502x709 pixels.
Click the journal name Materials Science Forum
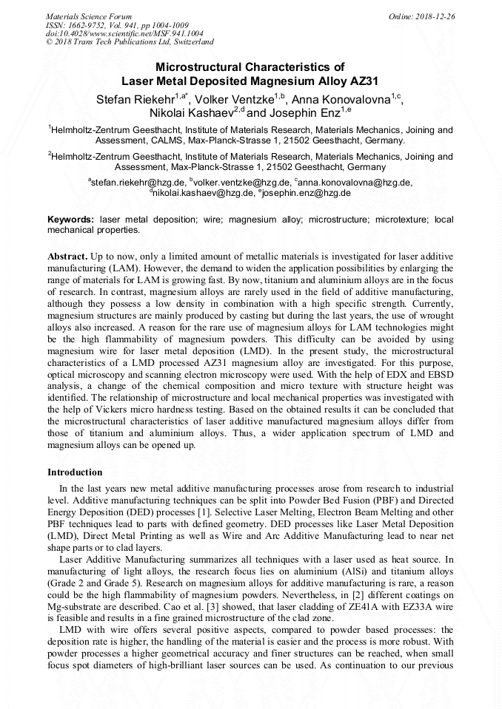coord(89,16)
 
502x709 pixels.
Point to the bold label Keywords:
coord(71,220)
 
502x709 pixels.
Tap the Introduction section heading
coord(75,472)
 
